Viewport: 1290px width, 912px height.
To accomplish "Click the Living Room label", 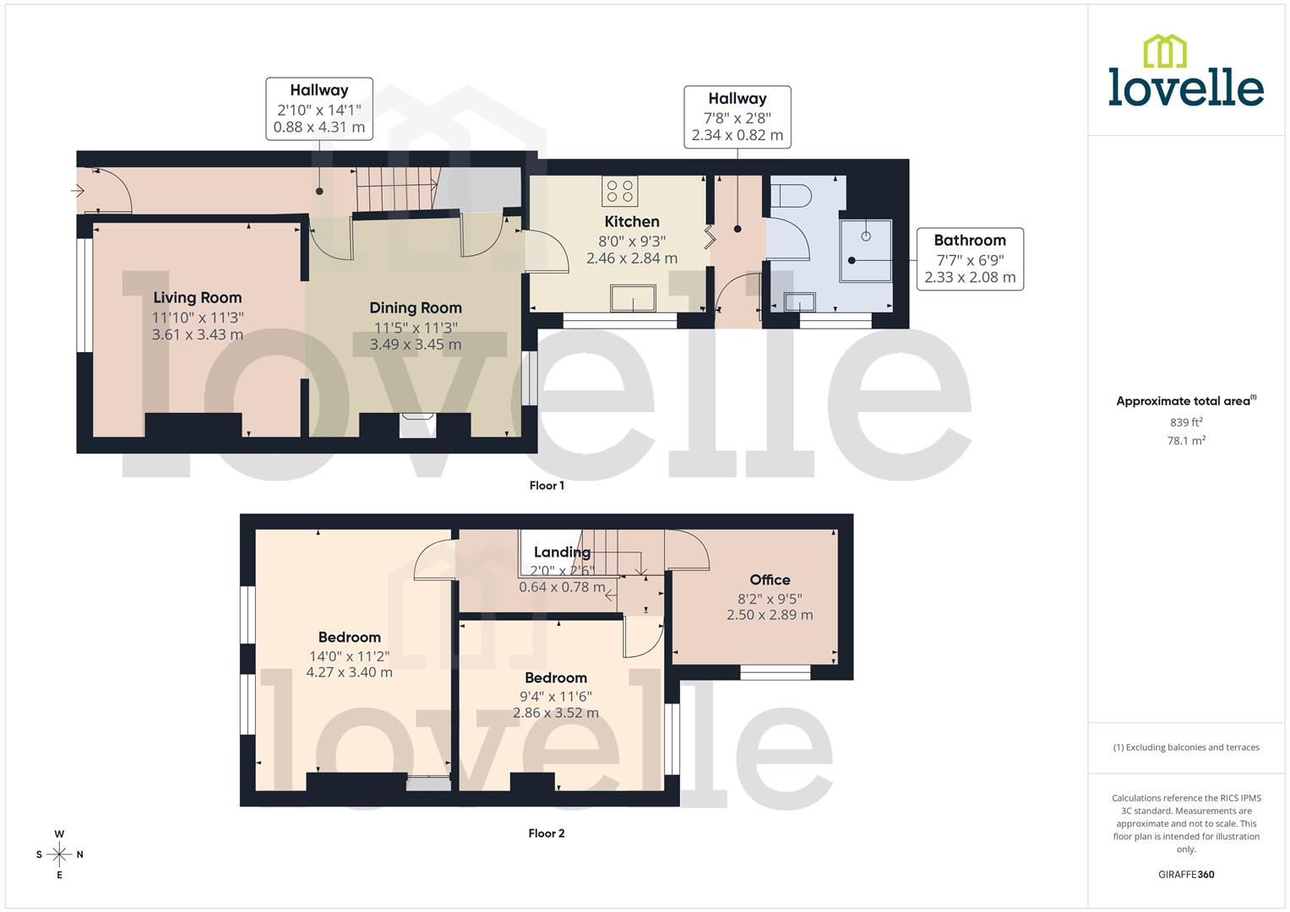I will [x=198, y=297].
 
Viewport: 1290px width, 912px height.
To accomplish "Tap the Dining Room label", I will [x=416, y=307].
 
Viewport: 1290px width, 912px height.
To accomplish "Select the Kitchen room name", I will [x=632, y=221].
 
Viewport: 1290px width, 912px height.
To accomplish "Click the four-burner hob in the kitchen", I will [x=620, y=191].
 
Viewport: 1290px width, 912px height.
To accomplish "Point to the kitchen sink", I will [x=634, y=299].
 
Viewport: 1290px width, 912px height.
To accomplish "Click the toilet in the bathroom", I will [x=792, y=196].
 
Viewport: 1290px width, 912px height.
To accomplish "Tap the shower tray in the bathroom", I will [x=866, y=251].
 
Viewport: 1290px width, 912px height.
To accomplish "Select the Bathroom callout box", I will [x=970, y=258].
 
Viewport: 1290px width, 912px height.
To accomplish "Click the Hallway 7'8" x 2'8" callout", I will [x=738, y=117].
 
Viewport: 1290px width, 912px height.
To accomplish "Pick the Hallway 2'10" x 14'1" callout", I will [x=319, y=108].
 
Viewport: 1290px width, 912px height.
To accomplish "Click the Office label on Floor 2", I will [x=770, y=579].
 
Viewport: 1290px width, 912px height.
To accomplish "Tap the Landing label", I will [x=562, y=552].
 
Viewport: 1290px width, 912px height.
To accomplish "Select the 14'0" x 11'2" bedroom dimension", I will [x=349, y=655].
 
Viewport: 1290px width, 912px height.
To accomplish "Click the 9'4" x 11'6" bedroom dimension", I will [x=556, y=696].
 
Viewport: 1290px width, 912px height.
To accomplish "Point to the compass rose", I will [x=59, y=855].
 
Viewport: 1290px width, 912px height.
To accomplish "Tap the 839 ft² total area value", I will [x=1186, y=422].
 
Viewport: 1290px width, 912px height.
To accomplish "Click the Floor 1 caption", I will [x=547, y=486].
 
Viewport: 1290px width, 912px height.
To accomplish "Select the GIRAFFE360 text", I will [x=1186, y=874].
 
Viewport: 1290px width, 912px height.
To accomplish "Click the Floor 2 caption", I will [x=547, y=833].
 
